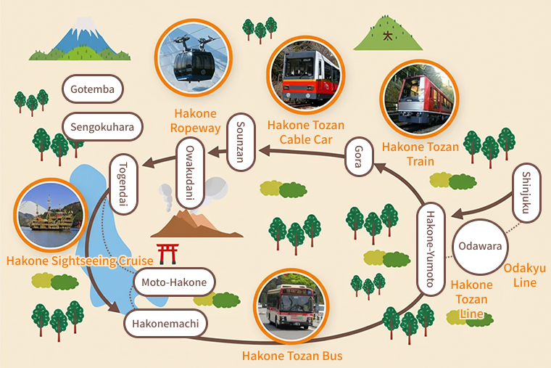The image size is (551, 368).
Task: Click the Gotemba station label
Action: [x=92, y=90]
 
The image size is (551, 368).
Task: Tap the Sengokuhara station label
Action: [x=102, y=127]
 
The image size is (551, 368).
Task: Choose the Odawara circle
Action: [x=479, y=246]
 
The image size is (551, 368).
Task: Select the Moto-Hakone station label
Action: [x=175, y=282]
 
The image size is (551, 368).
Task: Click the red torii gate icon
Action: [x=168, y=253]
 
